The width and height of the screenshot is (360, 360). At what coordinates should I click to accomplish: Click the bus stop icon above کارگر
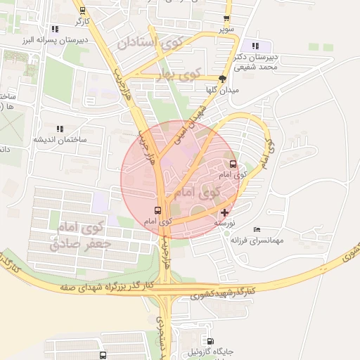coord(84,11)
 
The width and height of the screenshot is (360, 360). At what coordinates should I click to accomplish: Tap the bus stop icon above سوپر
coord(226,20)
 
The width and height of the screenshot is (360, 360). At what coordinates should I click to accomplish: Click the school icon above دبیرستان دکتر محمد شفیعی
coord(255,46)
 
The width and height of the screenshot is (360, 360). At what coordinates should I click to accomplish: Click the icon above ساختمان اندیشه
coord(60,129)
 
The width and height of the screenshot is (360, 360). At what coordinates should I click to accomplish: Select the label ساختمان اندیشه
coord(60,139)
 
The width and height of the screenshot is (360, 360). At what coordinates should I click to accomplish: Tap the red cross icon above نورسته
coord(224,212)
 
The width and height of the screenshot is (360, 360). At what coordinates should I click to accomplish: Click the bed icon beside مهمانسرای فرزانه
coord(257,230)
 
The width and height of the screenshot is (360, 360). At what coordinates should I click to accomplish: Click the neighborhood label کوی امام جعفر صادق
coord(82,236)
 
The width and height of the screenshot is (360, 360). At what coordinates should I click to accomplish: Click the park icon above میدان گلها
coord(223,79)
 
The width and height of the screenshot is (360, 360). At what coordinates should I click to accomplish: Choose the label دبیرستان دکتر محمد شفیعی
coord(257,61)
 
